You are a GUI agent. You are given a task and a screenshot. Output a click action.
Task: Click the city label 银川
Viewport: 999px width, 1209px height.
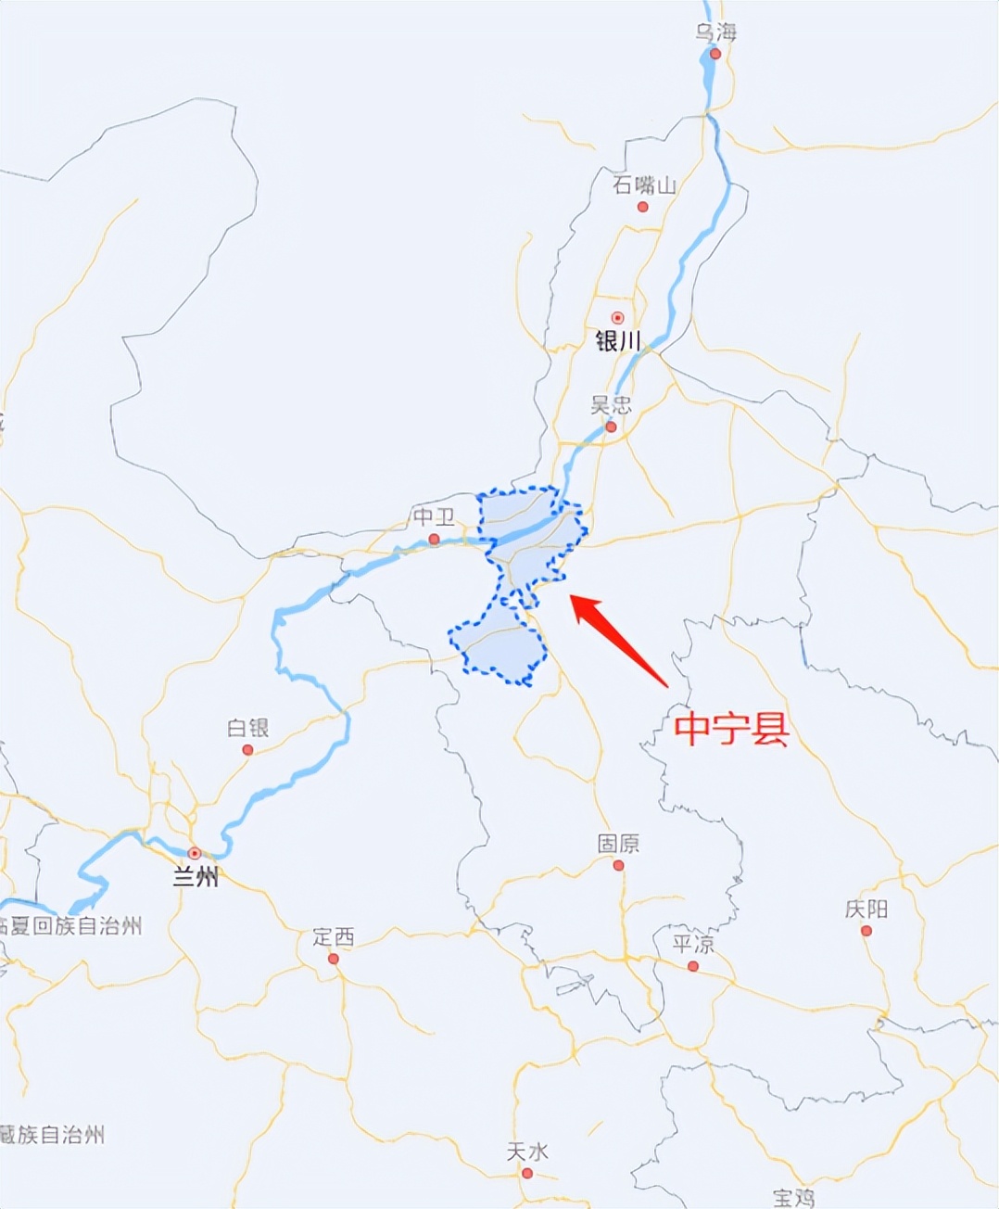(618, 342)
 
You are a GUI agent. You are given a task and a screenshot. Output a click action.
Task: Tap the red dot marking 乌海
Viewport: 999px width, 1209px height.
(715, 54)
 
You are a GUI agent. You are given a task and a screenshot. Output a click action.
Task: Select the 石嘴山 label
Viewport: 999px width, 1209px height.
(644, 185)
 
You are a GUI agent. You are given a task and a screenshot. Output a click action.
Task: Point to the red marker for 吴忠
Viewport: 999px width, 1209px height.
(611, 427)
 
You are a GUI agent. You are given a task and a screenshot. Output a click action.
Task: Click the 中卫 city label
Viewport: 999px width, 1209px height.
(434, 517)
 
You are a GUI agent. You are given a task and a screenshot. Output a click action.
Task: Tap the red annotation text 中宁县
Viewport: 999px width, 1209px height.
(731, 729)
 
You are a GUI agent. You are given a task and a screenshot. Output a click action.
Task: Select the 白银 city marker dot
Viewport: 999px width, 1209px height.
(247, 750)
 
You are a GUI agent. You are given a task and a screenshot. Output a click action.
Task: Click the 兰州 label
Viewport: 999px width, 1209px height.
(196, 876)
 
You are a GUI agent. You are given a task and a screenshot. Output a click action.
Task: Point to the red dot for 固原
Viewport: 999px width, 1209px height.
(618, 866)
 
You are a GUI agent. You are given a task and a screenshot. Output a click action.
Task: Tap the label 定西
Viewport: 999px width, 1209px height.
(334, 937)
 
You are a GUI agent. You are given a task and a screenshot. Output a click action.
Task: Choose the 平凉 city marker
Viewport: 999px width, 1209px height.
(693, 967)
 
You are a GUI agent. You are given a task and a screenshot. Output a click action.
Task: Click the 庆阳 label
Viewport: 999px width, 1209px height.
(866, 910)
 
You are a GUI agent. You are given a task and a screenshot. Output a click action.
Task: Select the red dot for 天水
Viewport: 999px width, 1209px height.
(527, 1174)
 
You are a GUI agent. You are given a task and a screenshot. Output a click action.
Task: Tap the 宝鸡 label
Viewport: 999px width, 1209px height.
(794, 1198)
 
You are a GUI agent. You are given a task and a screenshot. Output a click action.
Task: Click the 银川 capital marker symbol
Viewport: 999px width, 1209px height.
(617, 318)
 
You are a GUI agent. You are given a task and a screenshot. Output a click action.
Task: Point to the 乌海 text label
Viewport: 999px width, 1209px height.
(716, 32)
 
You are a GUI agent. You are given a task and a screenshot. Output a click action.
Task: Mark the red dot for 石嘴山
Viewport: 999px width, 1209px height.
(643, 207)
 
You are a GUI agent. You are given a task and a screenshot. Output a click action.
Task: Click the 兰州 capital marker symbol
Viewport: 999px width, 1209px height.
(195, 853)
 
